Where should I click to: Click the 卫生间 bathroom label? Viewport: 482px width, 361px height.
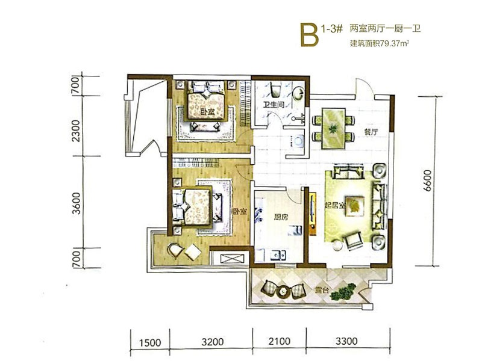pos(274,105)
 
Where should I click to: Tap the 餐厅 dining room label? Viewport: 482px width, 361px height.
pos(371,132)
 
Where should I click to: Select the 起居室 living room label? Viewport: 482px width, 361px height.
pos(335,205)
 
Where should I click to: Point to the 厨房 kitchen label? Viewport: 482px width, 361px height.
pos(281,217)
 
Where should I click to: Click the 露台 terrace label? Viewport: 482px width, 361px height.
pos(322,290)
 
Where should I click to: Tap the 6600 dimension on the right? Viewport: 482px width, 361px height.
pos(427,180)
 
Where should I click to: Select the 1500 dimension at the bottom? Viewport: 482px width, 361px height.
pos(150,342)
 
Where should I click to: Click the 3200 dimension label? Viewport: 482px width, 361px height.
pos(213,342)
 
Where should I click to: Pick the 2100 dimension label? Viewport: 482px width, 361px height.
pos(279,341)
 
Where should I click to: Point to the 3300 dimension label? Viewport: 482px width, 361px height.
pos(346,341)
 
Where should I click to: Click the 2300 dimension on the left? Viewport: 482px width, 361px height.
pos(75,131)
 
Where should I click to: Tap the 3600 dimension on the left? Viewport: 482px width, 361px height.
pos(76,203)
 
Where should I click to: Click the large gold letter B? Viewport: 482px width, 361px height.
pos(309,35)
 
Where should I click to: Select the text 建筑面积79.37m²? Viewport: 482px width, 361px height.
pos(380,43)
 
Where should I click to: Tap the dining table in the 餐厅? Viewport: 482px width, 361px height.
pos(333,128)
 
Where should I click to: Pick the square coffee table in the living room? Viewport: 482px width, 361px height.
pos(355,206)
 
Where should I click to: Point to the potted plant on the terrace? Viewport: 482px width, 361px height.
pos(343,292)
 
